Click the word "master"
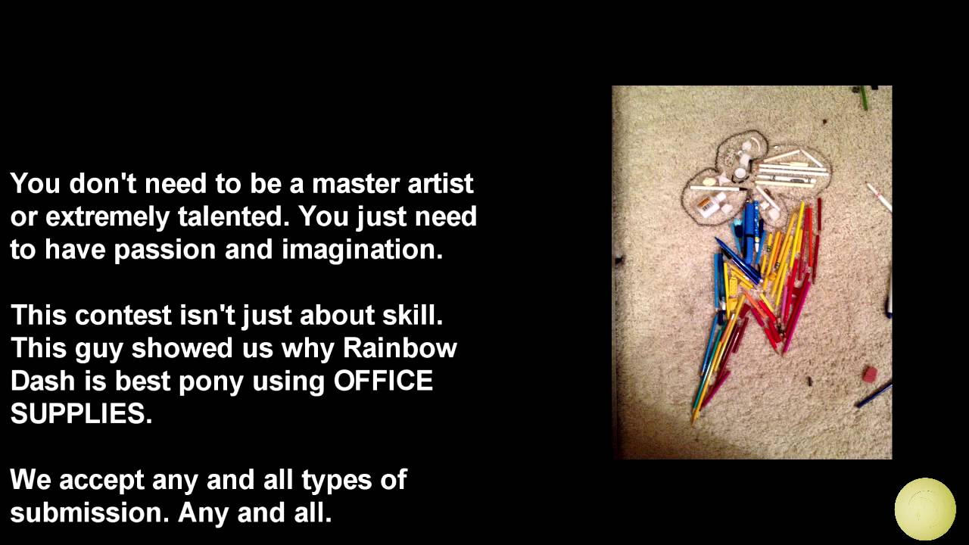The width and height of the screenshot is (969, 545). pos(355,184)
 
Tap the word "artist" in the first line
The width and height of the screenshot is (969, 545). pos(441,184)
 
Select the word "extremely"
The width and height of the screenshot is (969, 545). pos(107,217)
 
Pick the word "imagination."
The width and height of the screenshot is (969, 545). pos(362,250)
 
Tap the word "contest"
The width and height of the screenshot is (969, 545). pos(123,316)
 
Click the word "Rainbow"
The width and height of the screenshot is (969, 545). pos(400,347)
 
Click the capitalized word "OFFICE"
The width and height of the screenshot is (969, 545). pos(383,381)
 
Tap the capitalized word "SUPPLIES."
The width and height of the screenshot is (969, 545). pos(81,413)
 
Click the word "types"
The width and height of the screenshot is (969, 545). pos(337,481)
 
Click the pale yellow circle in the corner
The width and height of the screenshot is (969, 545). pos(925,509)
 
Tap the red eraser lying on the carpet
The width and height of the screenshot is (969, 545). pos(870,374)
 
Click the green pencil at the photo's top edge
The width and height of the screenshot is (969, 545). pos(863,98)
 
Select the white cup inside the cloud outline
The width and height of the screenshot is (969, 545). pos(740,174)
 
